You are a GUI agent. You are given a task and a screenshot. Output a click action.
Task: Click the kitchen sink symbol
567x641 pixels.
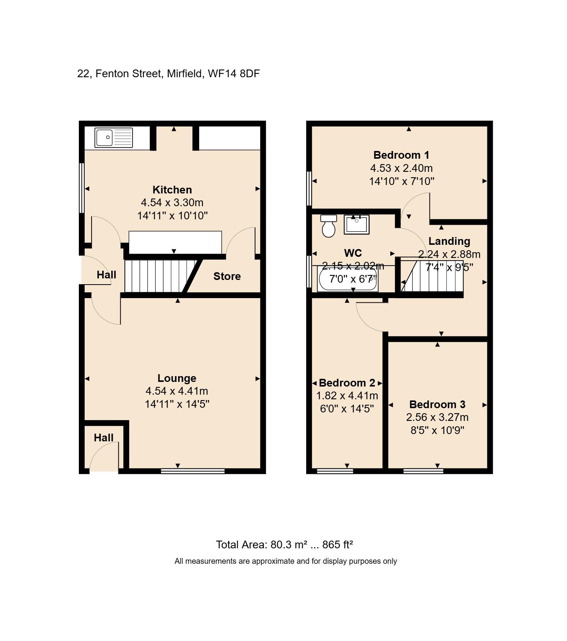click(x=114, y=138)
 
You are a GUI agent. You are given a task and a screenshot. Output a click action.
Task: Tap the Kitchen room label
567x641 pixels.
click(x=172, y=190)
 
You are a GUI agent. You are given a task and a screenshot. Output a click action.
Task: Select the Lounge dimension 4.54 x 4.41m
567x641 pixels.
click(x=177, y=391)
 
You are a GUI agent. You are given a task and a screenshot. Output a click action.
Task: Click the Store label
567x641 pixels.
click(x=227, y=276)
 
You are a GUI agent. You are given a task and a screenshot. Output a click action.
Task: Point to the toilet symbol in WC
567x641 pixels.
click(x=329, y=226)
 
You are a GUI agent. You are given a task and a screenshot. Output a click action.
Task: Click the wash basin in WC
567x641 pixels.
click(x=356, y=224)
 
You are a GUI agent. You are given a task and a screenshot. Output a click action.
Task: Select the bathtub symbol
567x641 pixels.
click(x=347, y=280)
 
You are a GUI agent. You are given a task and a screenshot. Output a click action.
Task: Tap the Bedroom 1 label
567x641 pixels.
click(x=401, y=155)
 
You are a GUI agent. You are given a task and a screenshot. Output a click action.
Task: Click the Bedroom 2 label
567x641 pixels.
click(x=347, y=383)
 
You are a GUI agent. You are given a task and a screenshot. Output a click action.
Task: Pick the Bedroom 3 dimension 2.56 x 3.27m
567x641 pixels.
click(x=437, y=417)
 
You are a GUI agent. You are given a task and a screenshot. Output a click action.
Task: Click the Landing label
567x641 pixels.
click(x=449, y=241)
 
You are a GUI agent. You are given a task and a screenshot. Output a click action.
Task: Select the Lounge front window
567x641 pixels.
click(x=192, y=471)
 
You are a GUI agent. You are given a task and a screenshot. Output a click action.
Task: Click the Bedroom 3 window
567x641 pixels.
click(x=423, y=471)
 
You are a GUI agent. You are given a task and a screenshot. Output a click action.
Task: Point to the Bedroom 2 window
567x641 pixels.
click(x=335, y=471)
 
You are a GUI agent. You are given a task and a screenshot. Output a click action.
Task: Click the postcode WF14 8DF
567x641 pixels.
click(x=233, y=73)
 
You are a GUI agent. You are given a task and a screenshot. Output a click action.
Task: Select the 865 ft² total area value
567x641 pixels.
click(x=337, y=544)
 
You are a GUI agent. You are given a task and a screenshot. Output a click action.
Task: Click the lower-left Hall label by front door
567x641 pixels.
click(x=104, y=438)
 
